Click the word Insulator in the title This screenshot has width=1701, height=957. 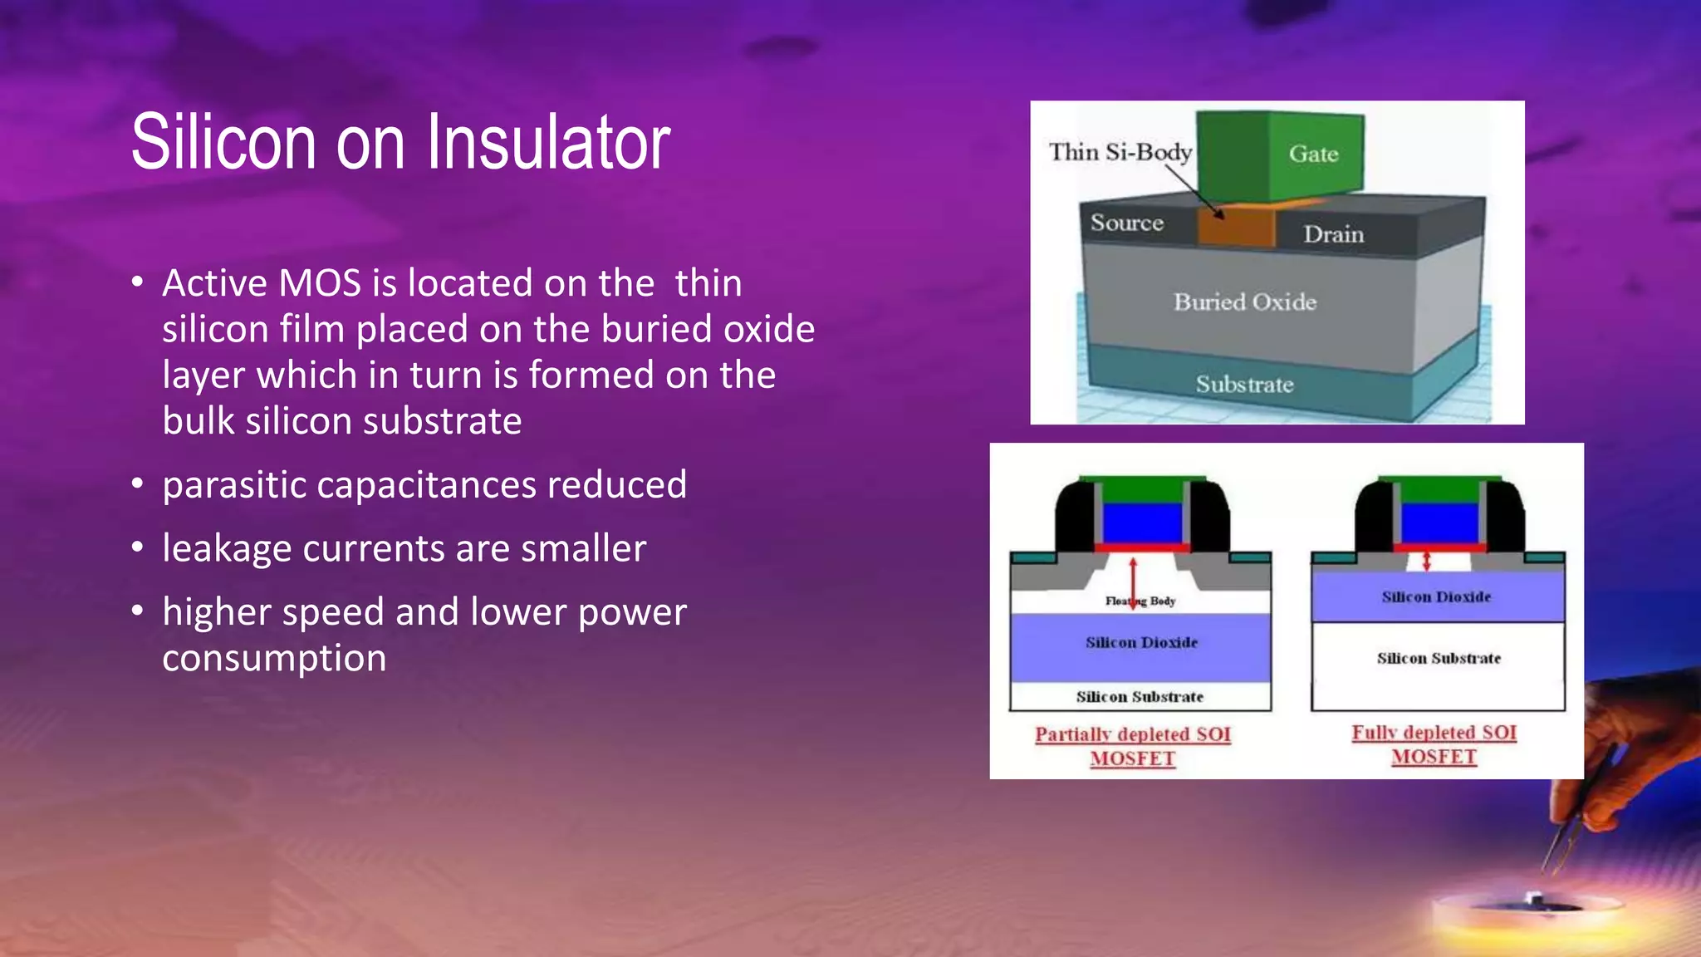point(548,143)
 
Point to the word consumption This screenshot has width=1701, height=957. point(274,658)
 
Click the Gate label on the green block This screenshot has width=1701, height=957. point(1313,154)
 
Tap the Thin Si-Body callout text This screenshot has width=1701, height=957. point(1120,152)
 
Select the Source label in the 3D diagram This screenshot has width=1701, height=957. point(1126,223)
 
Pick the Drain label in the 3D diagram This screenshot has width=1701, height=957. point(1333,234)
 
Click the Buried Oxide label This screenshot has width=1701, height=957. point(1244,302)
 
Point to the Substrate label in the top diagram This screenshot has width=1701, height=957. point(1244,385)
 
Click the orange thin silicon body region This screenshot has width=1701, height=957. point(1236,226)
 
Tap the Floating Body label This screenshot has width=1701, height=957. point(1140,601)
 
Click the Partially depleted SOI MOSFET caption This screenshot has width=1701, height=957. point(1133,746)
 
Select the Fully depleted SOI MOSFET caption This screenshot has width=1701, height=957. point(1434,744)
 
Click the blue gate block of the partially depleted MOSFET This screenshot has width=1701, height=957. point(1142,523)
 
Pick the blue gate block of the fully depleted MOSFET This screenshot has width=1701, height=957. point(1440,523)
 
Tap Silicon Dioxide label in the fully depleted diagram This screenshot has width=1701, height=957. point(1436,596)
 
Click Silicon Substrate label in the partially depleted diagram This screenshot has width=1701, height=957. point(1140,697)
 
